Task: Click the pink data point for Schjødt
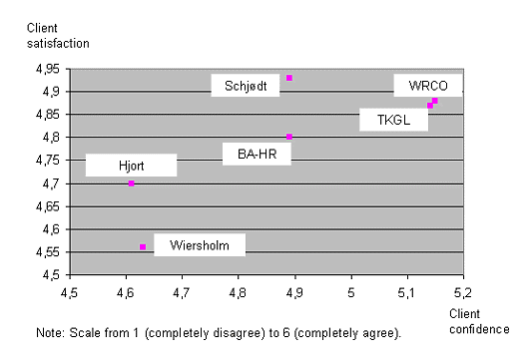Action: pos(289,78)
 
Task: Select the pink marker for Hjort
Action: pos(131,183)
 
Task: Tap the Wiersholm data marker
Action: pos(143,246)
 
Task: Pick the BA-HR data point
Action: pos(289,137)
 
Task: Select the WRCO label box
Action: pos(427,86)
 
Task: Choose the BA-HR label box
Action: pos(257,153)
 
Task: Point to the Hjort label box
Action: pos(131,166)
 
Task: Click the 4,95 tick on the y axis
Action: pos(47,69)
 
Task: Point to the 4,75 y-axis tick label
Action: pos(47,161)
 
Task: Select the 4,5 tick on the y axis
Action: pos(51,275)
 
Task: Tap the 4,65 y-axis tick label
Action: pos(47,206)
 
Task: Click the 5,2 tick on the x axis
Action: pos(462,294)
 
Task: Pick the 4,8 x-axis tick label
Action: pos(238,294)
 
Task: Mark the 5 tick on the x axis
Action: pos(350,294)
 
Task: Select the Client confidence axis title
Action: pos(478,320)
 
